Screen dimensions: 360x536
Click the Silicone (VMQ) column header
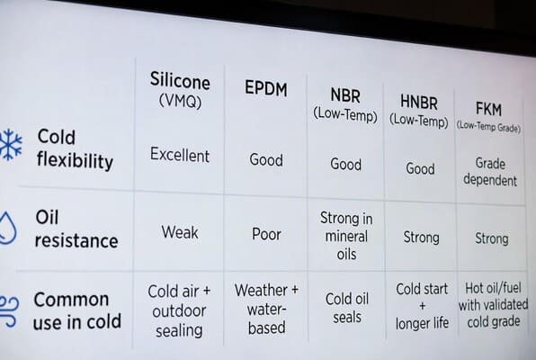point(180,90)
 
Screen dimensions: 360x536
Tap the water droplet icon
point(8,228)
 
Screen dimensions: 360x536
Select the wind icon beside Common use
point(8,305)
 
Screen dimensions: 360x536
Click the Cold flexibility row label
point(75,149)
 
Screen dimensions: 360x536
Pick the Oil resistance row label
point(76,229)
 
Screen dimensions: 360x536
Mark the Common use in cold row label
point(71,310)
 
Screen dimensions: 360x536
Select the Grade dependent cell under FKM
point(490,172)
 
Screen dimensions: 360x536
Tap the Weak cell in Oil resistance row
point(180,232)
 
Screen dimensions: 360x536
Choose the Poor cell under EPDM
point(266,234)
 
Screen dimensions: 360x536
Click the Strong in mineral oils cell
point(345,236)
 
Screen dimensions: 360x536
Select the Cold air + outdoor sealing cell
point(179,310)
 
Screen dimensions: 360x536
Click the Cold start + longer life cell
point(421,306)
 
